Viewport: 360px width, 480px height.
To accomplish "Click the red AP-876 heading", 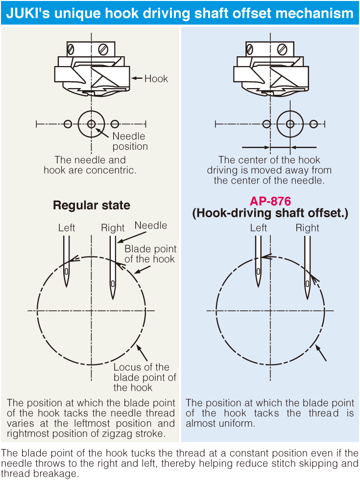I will coord(270,201).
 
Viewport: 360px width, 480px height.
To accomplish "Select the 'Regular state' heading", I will coord(92,205).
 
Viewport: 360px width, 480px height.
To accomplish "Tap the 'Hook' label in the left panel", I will coord(156,79).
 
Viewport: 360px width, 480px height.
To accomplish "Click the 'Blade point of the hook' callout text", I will coord(150,253).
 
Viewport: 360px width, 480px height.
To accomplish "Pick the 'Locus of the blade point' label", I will coord(144,377).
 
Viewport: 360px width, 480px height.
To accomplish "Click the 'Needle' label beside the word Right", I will coord(151,226).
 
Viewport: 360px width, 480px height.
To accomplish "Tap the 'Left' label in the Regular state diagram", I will coord(67,228).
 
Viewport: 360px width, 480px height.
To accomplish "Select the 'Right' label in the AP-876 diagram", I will coord(308,228).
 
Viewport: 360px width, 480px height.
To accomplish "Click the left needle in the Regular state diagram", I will coord(66,262).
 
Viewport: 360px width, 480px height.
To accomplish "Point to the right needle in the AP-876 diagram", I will coord(307,267).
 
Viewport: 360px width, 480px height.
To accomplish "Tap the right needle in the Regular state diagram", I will coord(113,267).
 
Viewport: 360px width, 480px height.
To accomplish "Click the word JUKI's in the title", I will coord(29,13).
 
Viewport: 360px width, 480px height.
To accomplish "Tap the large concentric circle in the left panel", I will coord(92,124).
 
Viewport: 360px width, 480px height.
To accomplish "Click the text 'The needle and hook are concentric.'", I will coord(90,165).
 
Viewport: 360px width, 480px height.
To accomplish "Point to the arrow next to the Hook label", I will coord(137,78).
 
